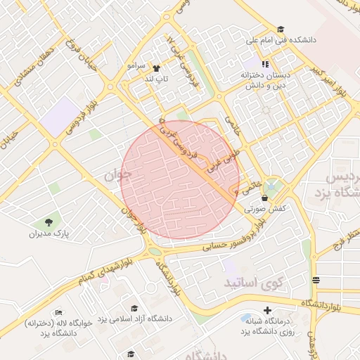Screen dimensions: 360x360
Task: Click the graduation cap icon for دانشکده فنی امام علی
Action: (x=281, y=30)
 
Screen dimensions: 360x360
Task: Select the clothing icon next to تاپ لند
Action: (x=155, y=69)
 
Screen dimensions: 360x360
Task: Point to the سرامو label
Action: (x=136, y=65)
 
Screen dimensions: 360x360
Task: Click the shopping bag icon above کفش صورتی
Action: (x=264, y=199)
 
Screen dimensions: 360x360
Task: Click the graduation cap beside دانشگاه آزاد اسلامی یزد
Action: (x=134, y=308)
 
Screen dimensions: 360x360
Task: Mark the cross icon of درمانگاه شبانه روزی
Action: (x=266, y=311)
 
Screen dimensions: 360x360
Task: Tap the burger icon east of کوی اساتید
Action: (x=313, y=281)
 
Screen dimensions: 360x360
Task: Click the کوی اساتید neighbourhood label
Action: (x=252, y=283)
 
